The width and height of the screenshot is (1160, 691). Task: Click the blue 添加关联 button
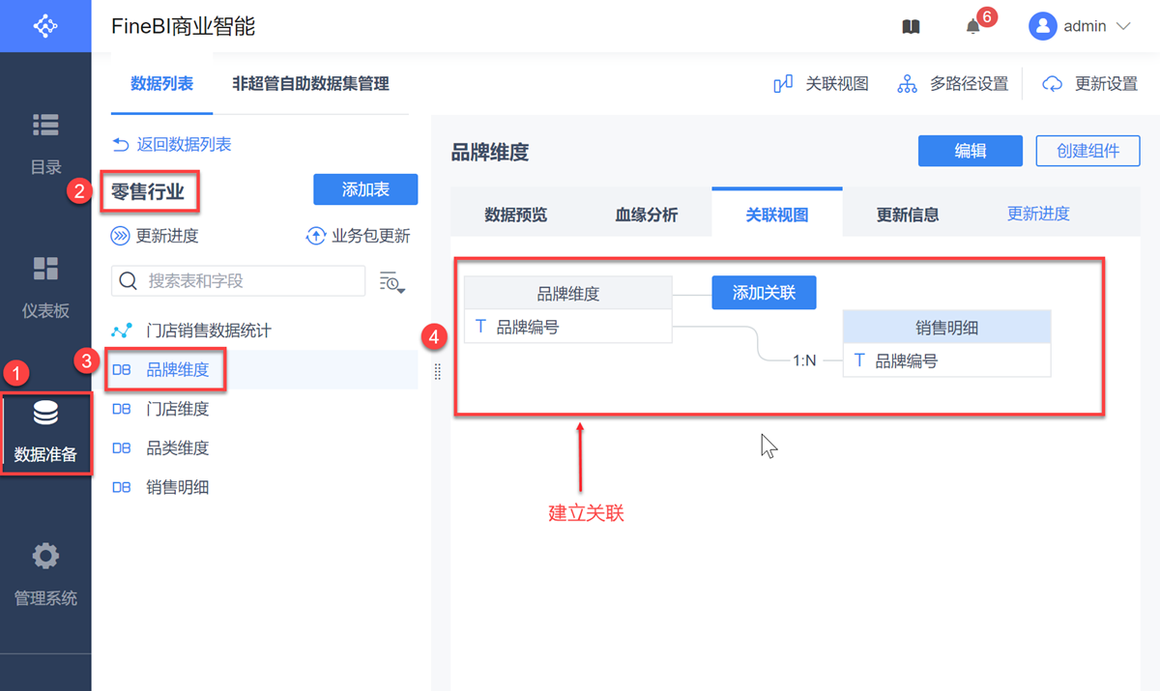(x=764, y=293)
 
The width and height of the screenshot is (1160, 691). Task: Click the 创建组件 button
(x=1087, y=151)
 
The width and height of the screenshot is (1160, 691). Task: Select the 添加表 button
(x=365, y=189)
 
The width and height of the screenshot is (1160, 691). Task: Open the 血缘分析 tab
(x=647, y=215)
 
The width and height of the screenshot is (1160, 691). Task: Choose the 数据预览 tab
(x=515, y=215)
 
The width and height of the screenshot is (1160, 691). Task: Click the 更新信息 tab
(x=908, y=215)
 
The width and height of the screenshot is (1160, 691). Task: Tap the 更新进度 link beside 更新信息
(x=1038, y=214)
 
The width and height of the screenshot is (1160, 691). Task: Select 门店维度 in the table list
(x=177, y=409)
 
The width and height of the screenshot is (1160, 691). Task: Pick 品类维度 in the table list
(x=177, y=448)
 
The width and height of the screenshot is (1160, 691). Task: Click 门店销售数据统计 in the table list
(x=208, y=331)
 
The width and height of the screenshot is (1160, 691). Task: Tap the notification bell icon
(x=973, y=27)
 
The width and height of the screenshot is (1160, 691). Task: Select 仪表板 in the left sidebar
(x=45, y=286)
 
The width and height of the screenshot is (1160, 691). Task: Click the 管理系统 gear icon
(x=45, y=557)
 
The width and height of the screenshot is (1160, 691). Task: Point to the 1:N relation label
(x=804, y=360)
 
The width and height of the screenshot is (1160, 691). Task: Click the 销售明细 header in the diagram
(x=946, y=328)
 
